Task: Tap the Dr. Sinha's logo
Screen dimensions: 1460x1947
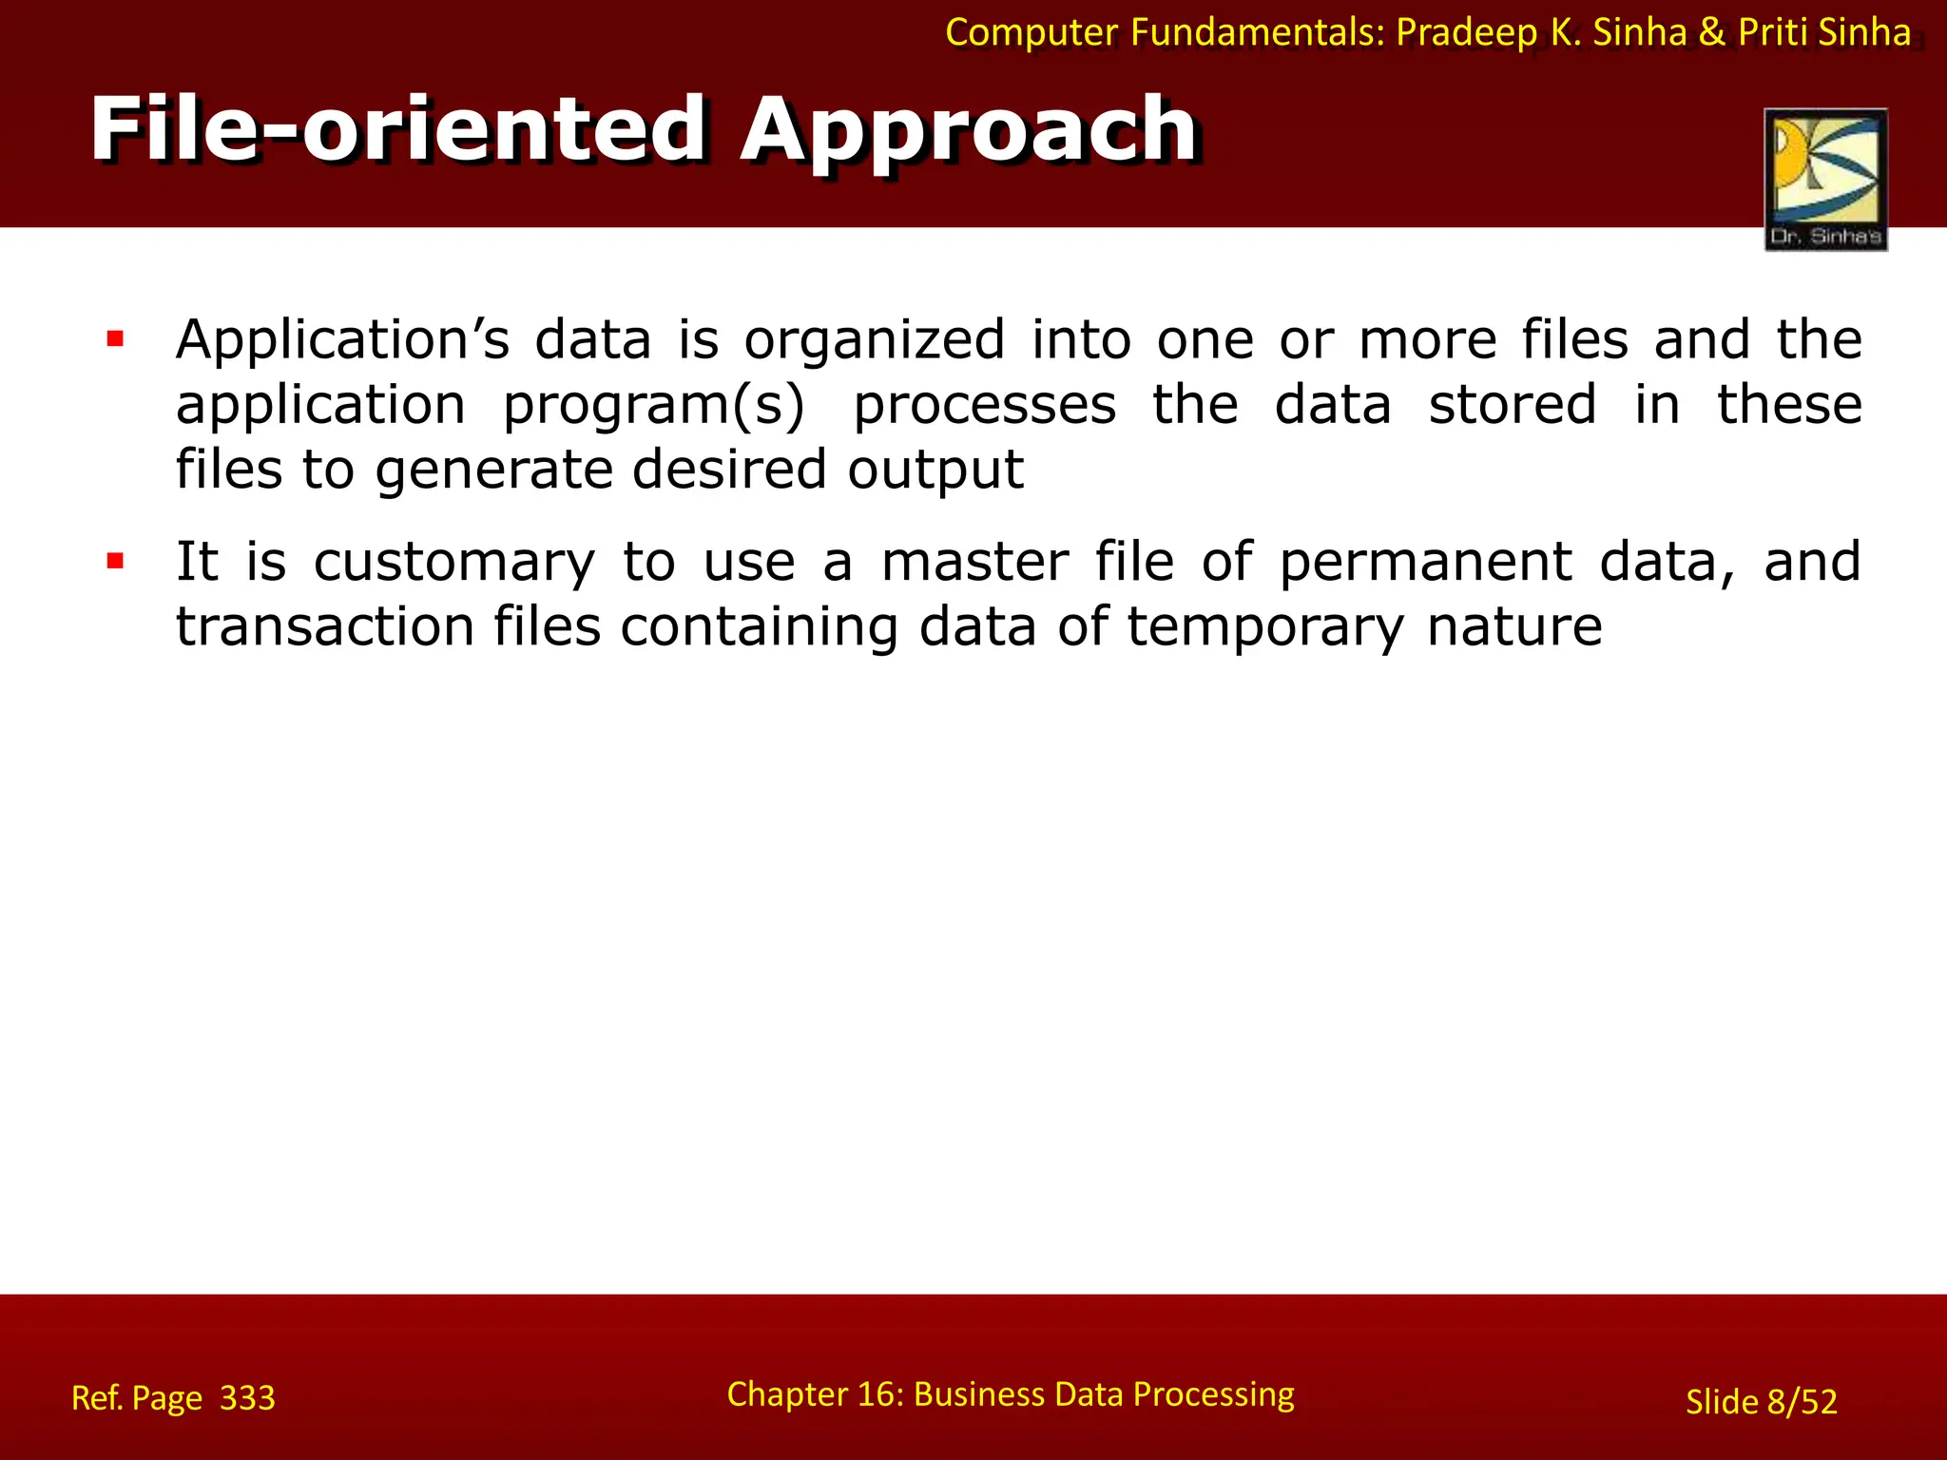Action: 1825,179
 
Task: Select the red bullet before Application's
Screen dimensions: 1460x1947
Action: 116,339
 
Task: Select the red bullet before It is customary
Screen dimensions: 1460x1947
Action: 116,561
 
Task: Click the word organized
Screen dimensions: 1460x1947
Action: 874,340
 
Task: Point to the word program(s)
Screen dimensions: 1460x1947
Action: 653,406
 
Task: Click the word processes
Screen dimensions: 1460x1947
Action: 984,406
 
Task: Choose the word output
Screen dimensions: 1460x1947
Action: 935,470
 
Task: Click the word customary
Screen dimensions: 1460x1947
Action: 453,562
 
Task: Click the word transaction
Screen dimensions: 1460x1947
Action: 324,627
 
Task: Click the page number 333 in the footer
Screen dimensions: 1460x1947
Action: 247,1398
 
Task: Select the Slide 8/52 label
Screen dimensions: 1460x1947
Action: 1761,1401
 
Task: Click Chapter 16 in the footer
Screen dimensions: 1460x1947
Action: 812,1394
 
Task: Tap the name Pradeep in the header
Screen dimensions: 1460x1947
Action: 1466,32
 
